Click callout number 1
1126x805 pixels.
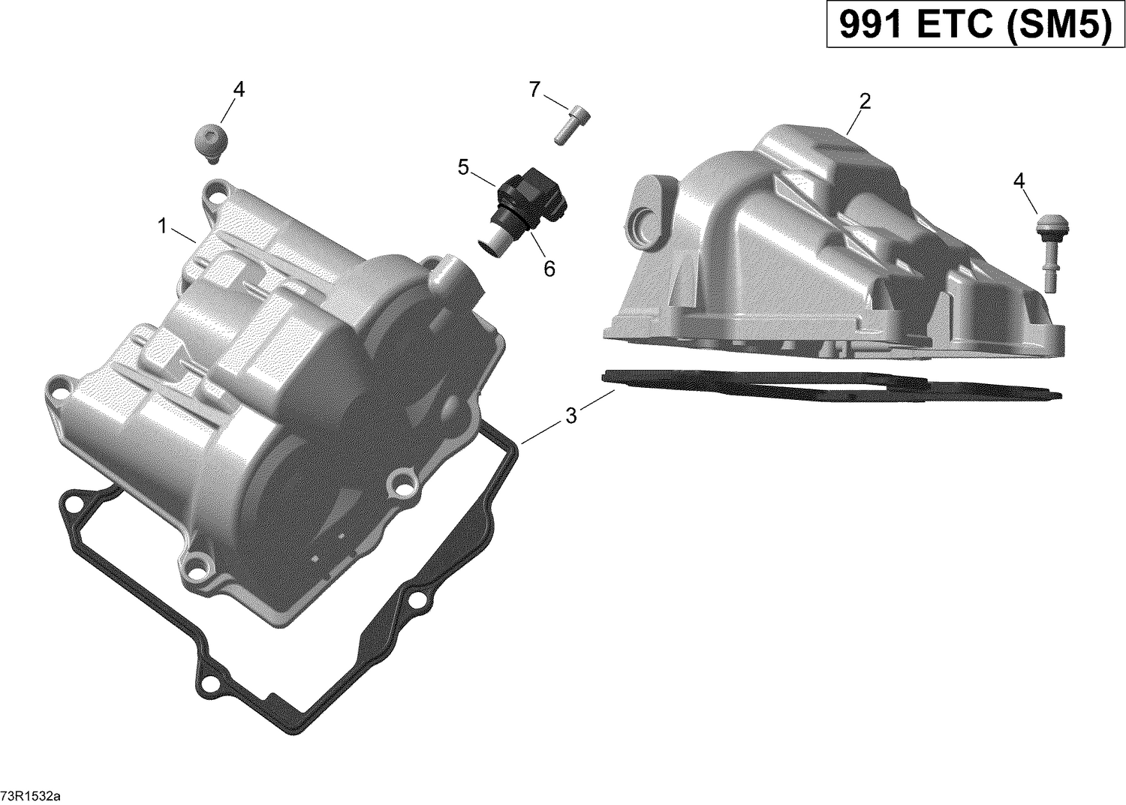coord(162,224)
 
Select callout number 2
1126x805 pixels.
coord(865,101)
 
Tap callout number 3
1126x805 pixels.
coord(571,415)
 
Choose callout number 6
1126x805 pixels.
coord(549,268)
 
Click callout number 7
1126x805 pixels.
coord(534,90)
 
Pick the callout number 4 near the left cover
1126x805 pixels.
coord(239,89)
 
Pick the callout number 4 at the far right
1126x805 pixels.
coord(1018,180)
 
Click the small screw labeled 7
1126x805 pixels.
coord(572,124)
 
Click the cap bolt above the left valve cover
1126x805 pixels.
coord(209,143)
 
